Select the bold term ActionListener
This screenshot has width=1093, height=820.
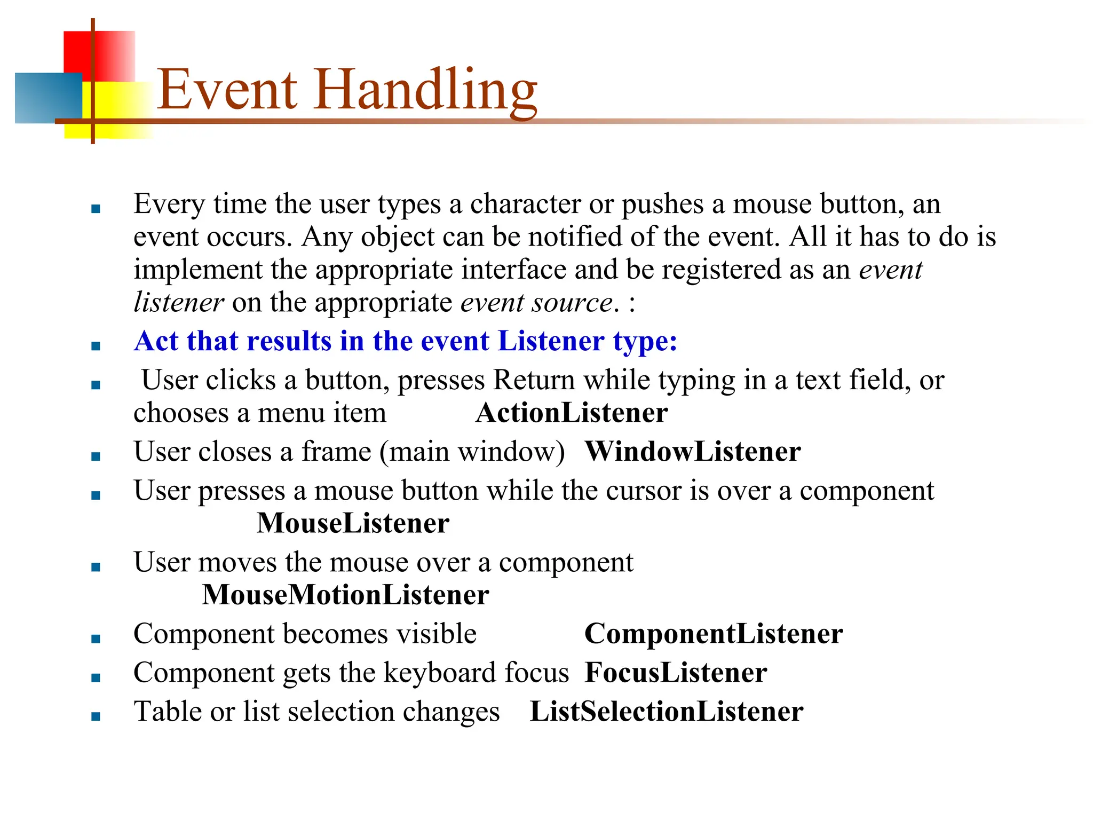click(x=572, y=413)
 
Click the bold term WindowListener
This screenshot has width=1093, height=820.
click(x=693, y=452)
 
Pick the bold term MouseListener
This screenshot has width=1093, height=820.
click(x=353, y=524)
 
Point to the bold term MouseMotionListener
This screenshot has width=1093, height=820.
click(x=345, y=595)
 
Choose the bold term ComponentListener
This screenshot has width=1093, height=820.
click(x=714, y=634)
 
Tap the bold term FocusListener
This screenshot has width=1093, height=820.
click(x=676, y=673)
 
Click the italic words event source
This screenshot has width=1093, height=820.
click(x=536, y=303)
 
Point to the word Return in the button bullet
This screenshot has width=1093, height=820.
click(x=533, y=381)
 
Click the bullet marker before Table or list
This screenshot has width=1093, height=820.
click(x=96, y=716)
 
